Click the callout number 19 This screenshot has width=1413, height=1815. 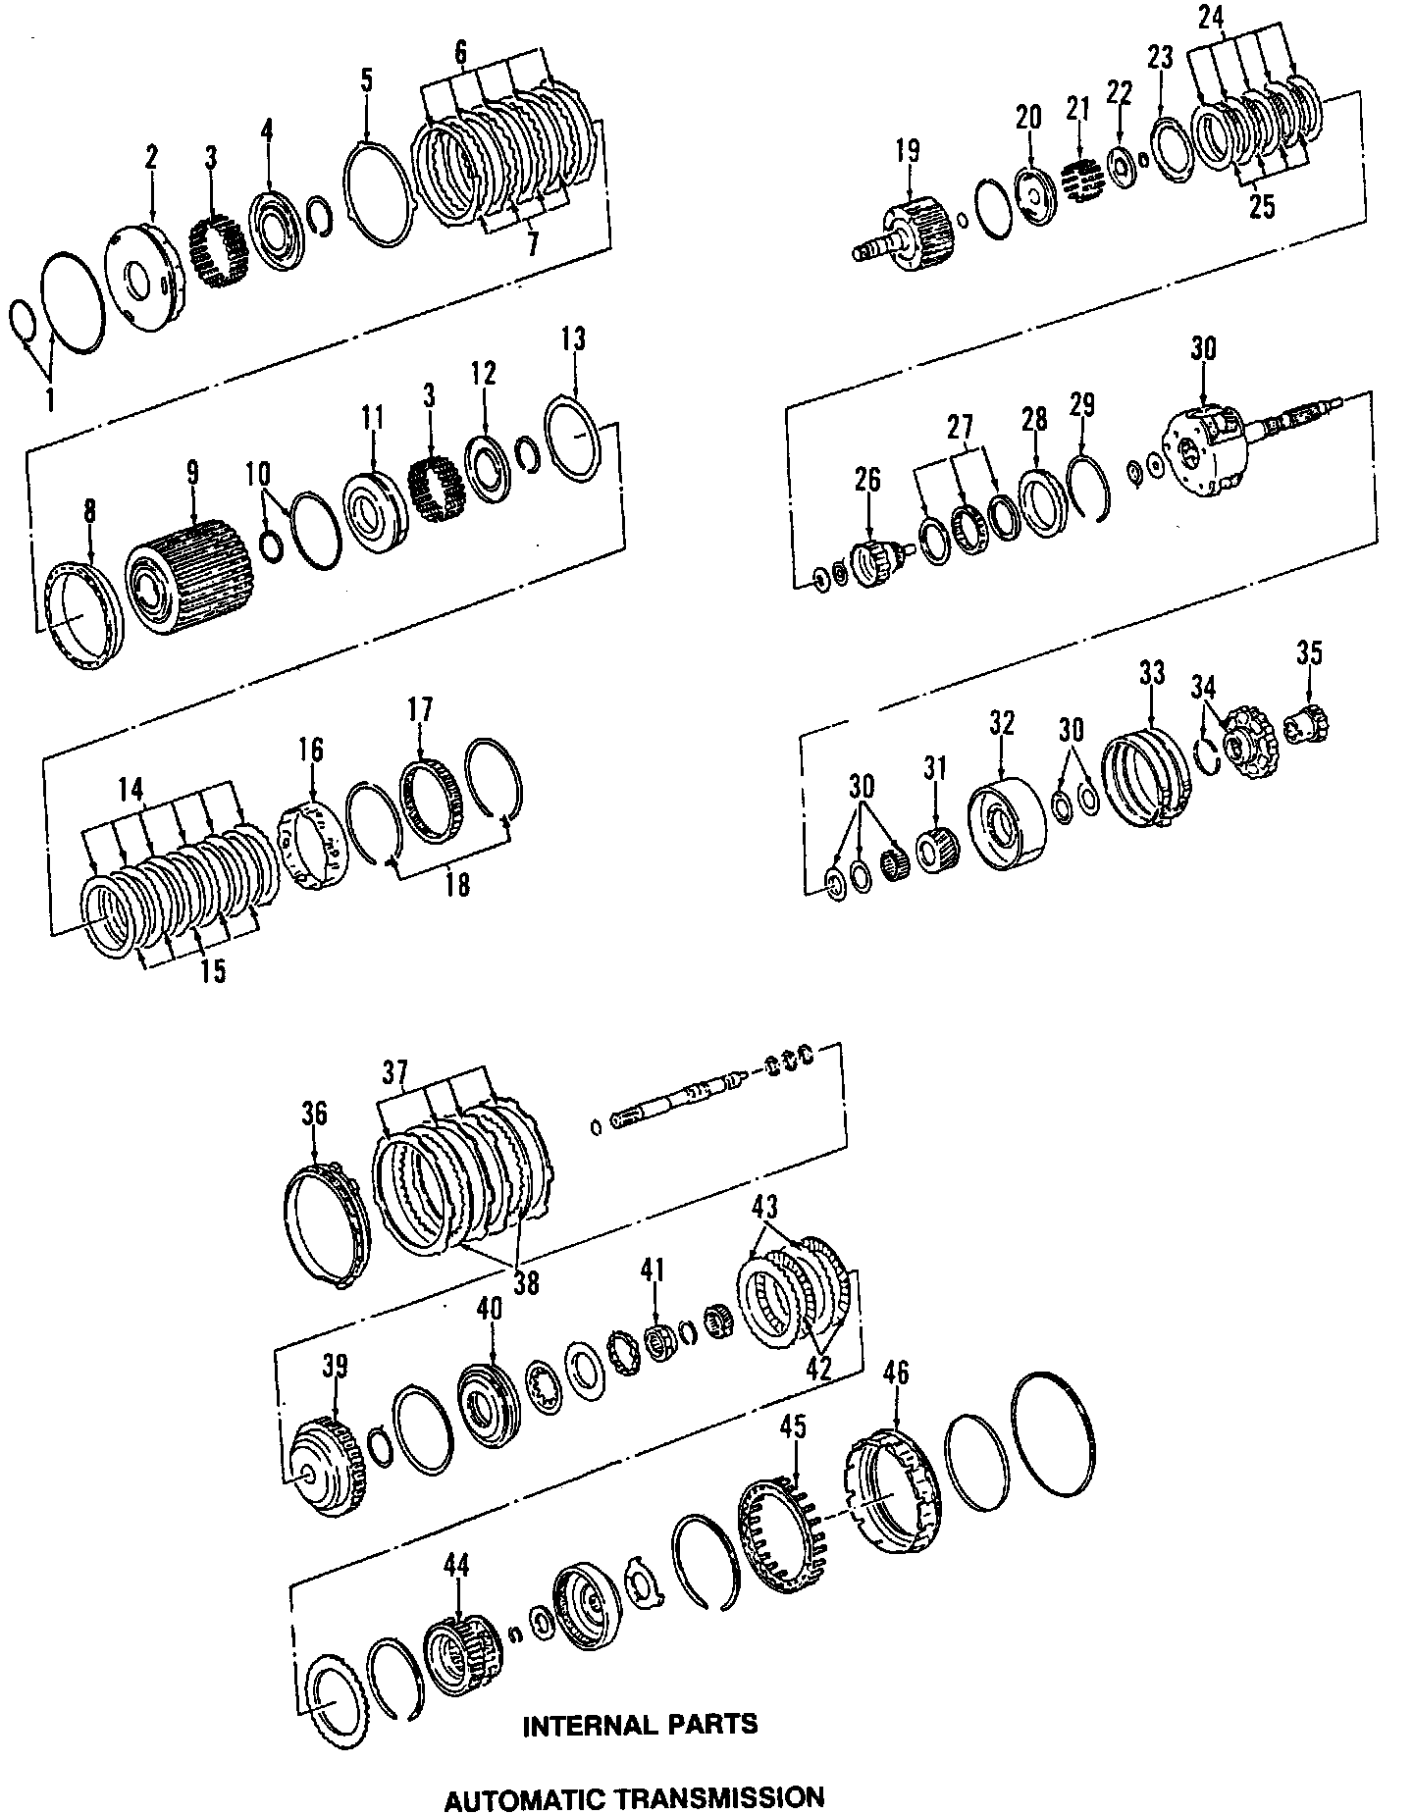[x=908, y=151]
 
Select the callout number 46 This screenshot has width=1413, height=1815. [x=896, y=1373]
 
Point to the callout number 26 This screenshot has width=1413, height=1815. [x=868, y=480]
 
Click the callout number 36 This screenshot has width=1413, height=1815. [x=314, y=1115]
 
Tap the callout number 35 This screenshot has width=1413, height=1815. [x=1309, y=653]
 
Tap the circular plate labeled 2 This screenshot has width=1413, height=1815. [x=144, y=273]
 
